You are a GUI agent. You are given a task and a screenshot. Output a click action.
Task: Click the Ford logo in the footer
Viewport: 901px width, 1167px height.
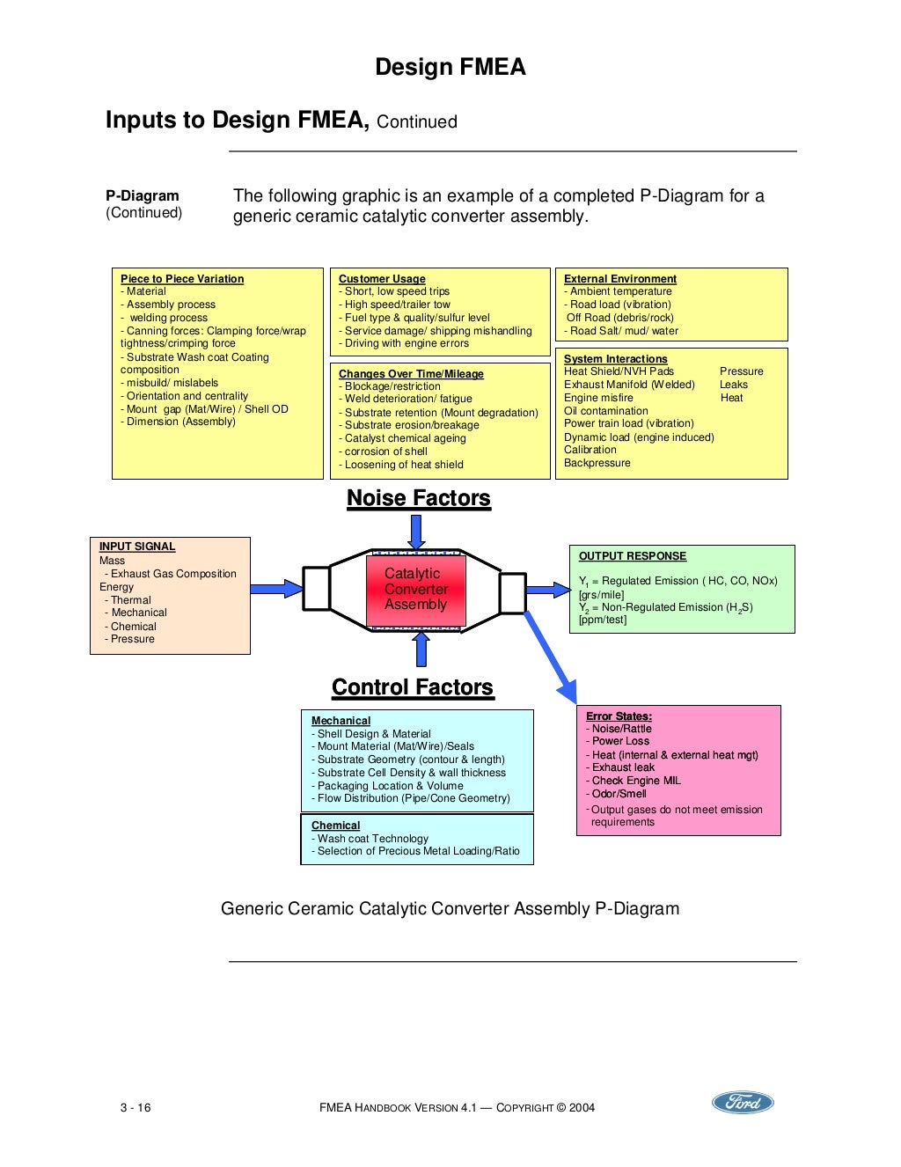click(742, 1103)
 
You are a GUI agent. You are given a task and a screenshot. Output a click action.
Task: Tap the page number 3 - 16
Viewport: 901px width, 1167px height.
click(136, 1107)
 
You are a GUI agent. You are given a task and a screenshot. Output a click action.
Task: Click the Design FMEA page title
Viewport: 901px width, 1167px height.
click(450, 67)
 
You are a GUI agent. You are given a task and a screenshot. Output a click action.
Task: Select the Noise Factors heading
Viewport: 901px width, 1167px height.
click(418, 498)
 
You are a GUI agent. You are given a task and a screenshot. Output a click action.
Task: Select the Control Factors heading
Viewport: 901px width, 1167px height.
click(412, 687)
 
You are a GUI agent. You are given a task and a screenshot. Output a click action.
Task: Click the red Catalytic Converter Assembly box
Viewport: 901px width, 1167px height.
click(415, 589)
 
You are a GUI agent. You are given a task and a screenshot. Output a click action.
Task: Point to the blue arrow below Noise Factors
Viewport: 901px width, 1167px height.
click(416, 532)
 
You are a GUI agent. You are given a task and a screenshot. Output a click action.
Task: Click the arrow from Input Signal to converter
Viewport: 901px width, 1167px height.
click(276, 588)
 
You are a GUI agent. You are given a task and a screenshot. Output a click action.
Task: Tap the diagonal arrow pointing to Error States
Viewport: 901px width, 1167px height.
click(551, 656)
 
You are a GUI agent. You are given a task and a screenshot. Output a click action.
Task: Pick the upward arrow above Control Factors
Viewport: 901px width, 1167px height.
click(421, 650)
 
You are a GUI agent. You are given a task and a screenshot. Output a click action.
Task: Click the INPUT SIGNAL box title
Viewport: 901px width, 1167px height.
click(137, 547)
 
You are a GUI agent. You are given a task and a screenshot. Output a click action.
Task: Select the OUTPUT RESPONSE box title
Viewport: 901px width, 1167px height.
click(632, 556)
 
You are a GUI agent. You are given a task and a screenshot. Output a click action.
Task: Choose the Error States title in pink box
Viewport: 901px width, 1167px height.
click(619, 716)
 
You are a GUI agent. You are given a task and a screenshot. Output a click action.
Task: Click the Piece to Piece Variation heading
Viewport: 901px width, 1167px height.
click(182, 279)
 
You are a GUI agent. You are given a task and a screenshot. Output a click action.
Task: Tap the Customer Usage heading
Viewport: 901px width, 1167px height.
click(382, 279)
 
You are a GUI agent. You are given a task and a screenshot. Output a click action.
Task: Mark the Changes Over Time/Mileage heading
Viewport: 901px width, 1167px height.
click(411, 374)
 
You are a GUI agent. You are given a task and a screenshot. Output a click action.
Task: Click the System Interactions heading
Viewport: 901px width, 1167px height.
click(615, 359)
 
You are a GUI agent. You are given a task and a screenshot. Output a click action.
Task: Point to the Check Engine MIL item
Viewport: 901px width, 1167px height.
click(635, 781)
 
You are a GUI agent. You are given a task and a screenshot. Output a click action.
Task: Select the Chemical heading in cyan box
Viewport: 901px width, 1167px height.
click(335, 826)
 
